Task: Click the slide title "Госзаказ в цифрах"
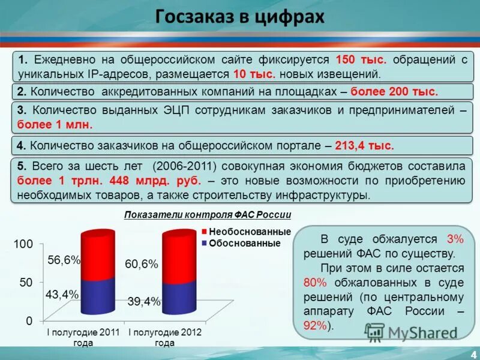(239, 16)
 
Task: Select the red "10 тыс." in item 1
(254, 74)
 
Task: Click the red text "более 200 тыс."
(394, 92)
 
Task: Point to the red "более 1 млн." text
(55, 125)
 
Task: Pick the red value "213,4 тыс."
(364, 145)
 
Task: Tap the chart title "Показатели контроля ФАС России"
(208, 216)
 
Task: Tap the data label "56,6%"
(64, 259)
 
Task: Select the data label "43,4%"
(62, 294)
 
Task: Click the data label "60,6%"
(142, 264)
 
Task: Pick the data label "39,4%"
(144, 301)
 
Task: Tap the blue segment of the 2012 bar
(179, 297)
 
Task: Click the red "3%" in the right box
(455, 238)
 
